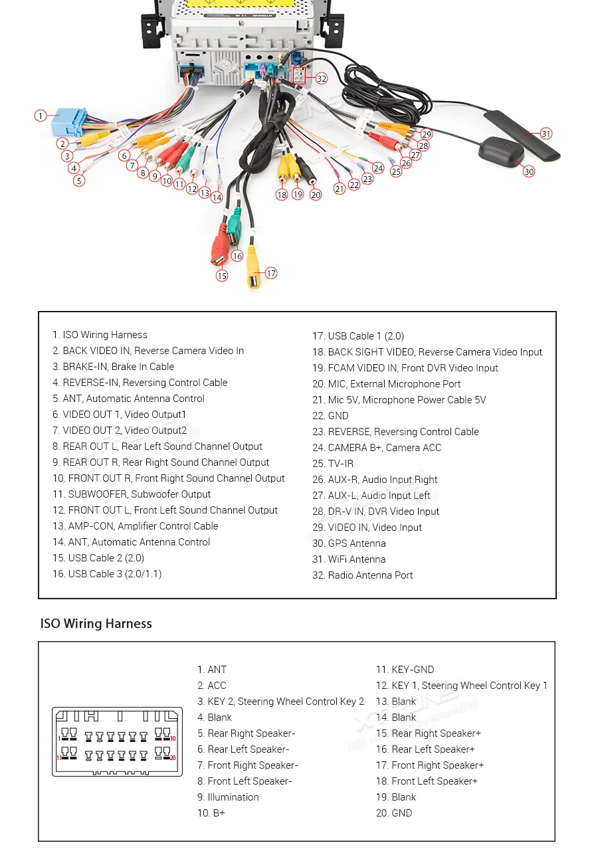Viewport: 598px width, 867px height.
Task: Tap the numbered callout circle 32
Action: tap(322, 78)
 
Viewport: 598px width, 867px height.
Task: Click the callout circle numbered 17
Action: tap(270, 273)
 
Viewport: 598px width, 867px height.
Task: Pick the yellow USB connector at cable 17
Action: tap(253, 266)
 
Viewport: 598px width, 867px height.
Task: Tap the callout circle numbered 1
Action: tap(41, 116)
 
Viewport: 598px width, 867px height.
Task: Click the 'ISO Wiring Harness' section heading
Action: tap(96, 624)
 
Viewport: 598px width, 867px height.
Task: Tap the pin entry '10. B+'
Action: tap(211, 813)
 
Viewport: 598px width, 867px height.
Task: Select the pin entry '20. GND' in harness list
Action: tap(394, 813)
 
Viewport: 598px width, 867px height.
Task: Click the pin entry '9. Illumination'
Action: tap(228, 797)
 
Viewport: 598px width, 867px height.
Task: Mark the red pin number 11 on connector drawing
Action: tap(58, 757)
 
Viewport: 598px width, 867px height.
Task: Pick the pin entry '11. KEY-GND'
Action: tap(405, 670)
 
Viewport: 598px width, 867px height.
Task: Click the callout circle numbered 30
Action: tap(528, 171)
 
